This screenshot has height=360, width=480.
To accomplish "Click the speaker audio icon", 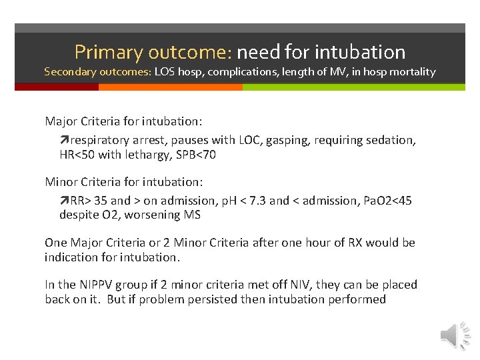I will tap(455, 335).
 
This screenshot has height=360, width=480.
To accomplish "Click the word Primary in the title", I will tap(109, 51).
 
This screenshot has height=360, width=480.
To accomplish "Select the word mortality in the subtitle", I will tap(413, 71).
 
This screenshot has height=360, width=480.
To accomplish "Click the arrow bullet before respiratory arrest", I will tap(64, 140).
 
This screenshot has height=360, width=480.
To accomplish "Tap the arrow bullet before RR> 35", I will tap(64, 201).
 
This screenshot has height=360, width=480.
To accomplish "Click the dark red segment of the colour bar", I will tap(56, 87).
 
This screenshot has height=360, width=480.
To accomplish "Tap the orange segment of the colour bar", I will tap(170, 87).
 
